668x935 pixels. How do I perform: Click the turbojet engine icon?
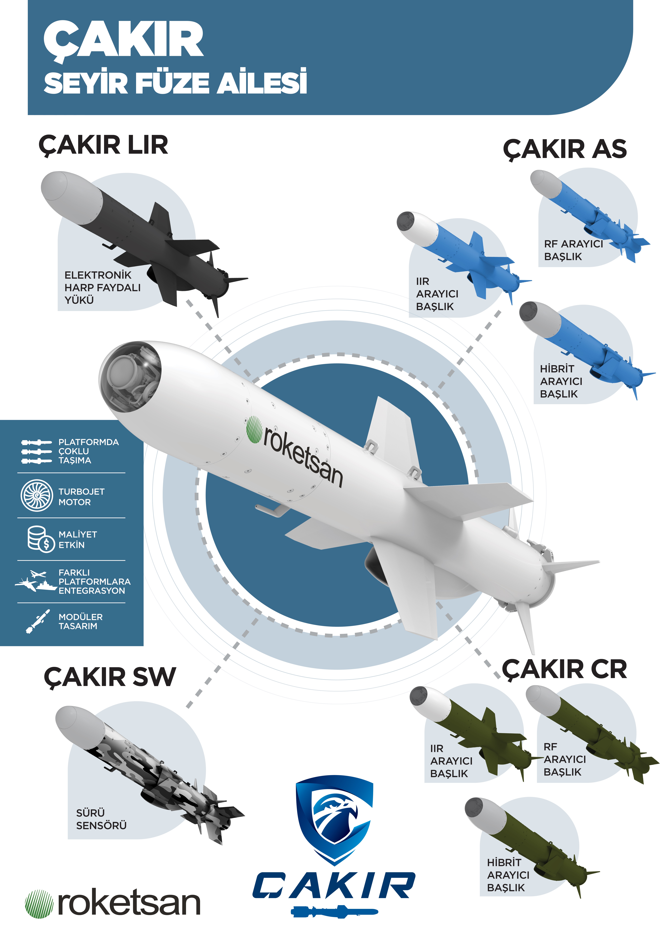click(37, 495)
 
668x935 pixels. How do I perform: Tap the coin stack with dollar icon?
click(40, 539)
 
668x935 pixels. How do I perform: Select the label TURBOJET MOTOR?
click(81, 497)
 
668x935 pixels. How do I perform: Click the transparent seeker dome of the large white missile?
click(130, 376)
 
